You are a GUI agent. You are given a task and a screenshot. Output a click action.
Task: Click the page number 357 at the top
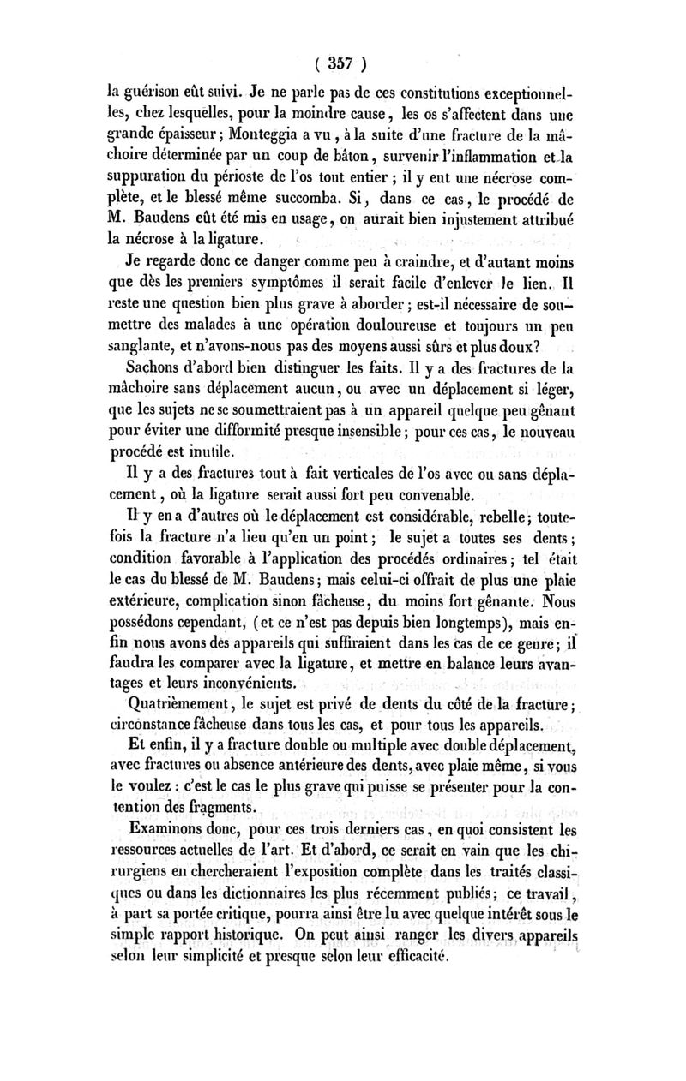342,62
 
